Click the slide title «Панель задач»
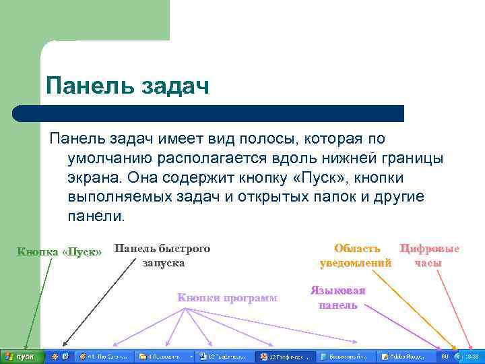tap(127, 86)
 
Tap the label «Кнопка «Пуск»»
tap(59, 252)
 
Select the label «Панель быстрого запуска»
tap(162, 255)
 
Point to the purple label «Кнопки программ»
tap(227, 297)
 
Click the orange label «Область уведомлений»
tap(356, 255)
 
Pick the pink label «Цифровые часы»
tap(429, 255)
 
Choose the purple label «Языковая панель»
tap(337, 297)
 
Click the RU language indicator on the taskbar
tap(445, 356)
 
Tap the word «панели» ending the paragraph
tap(96, 217)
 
